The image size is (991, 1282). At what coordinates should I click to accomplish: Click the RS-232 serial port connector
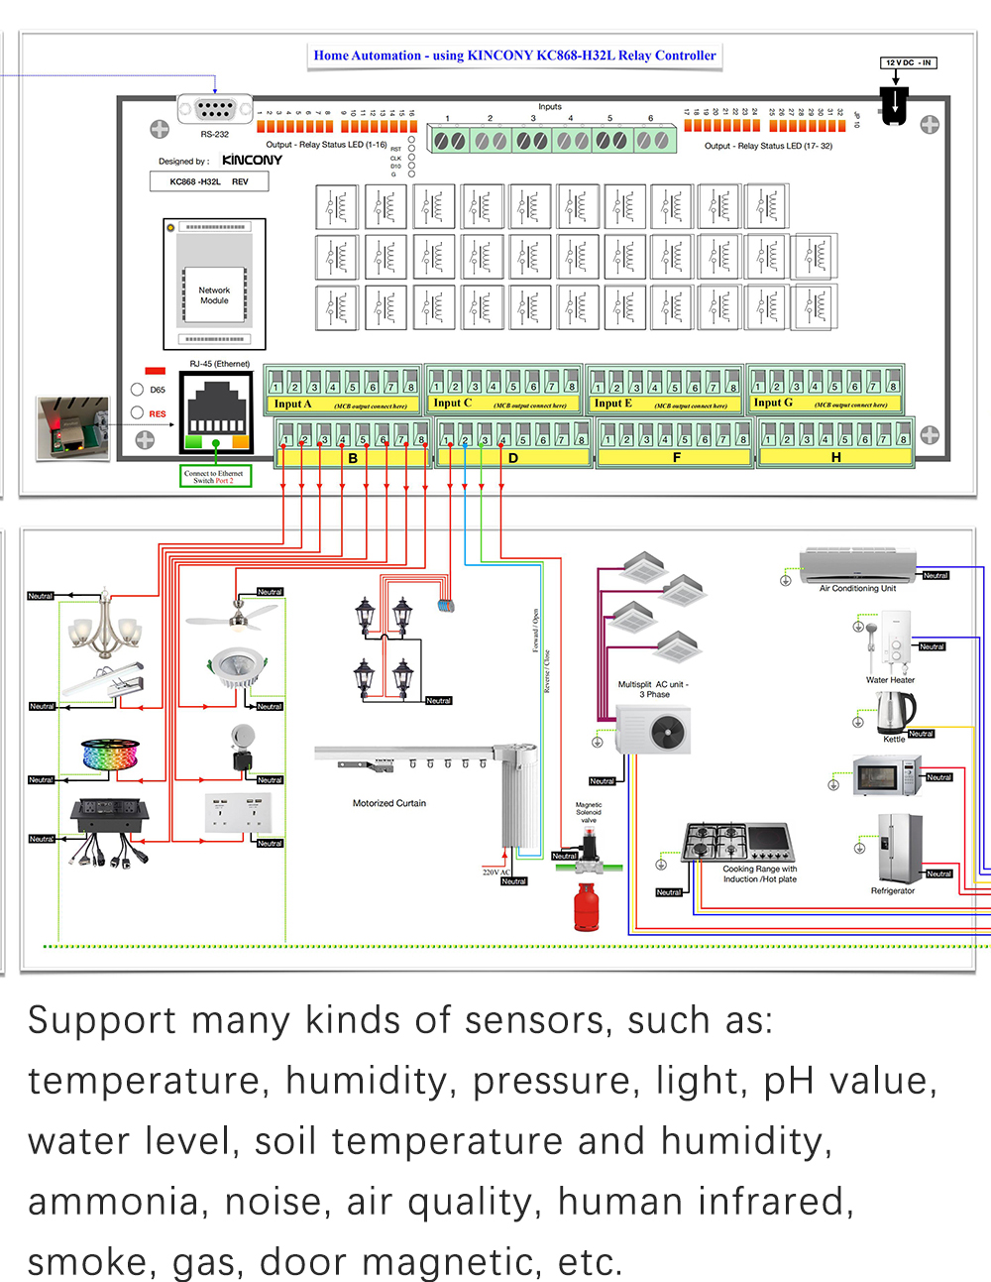point(215,109)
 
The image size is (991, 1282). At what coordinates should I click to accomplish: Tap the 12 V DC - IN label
point(908,62)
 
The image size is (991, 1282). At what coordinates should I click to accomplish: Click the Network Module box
point(214,294)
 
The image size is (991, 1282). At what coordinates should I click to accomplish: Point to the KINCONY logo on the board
point(252,160)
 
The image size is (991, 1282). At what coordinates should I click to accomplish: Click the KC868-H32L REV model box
point(209,181)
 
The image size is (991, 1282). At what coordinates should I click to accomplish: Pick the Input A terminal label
point(292,404)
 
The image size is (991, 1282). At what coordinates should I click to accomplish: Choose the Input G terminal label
point(773,403)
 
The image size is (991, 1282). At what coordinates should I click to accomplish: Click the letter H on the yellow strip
point(835,457)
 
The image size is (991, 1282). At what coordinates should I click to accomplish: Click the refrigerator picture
point(899,849)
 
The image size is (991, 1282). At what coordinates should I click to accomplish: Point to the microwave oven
point(887,775)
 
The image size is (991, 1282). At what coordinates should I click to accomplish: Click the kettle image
point(895,712)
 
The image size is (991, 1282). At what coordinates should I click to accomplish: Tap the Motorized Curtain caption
point(389,803)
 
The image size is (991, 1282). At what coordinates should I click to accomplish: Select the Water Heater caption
point(890,680)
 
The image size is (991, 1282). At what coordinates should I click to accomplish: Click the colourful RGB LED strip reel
point(108,754)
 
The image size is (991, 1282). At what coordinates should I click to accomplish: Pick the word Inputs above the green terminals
point(550,106)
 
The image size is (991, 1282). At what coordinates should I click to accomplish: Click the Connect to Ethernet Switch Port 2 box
point(215,477)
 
